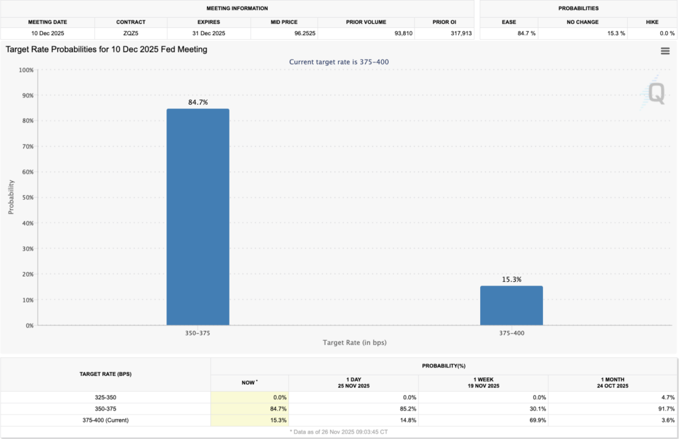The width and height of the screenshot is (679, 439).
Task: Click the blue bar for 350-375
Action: (x=198, y=217)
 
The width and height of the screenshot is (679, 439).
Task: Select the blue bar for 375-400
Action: (x=511, y=306)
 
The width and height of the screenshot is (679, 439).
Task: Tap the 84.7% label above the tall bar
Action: (x=198, y=102)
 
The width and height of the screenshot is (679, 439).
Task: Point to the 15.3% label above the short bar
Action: (x=511, y=279)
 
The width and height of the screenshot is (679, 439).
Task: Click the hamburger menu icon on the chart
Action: (x=665, y=51)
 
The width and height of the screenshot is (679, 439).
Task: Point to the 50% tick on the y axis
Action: (x=27, y=198)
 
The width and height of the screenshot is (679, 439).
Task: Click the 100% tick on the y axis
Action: (x=25, y=70)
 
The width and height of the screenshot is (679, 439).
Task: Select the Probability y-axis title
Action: (x=11, y=197)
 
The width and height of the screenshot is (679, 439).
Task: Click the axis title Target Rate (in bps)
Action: (x=354, y=342)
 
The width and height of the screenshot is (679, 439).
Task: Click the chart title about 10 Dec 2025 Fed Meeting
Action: (x=106, y=49)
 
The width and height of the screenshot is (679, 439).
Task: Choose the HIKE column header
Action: (x=652, y=22)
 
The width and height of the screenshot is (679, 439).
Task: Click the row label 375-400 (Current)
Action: (x=105, y=420)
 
